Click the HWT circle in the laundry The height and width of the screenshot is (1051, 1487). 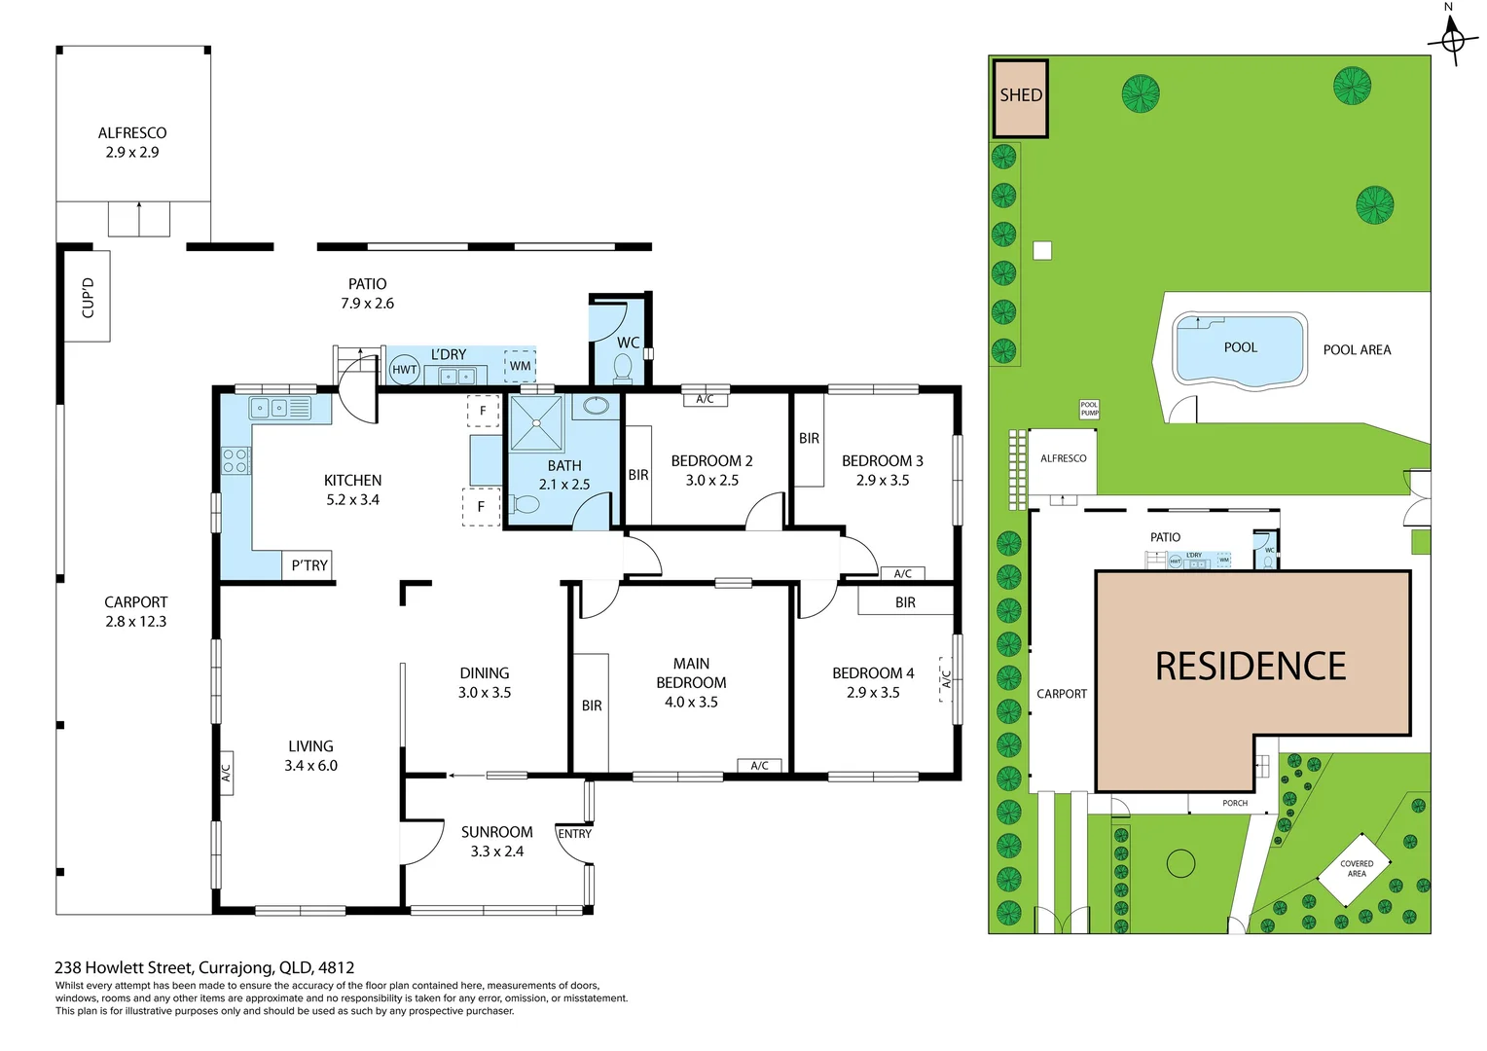[x=404, y=370]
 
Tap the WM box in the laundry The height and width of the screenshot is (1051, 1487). [x=521, y=366]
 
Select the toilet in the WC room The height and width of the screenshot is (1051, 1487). [x=623, y=368]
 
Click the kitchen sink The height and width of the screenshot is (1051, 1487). [x=270, y=408]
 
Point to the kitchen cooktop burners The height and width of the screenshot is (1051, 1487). [x=235, y=460]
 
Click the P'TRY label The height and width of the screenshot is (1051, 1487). [x=309, y=565]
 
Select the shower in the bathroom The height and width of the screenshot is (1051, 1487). [x=536, y=423]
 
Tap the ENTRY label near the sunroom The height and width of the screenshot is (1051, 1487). [x=574, y=834]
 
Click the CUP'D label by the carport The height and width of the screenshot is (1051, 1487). [x=88, y=297]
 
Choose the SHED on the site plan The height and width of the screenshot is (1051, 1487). [x=1020, y=98]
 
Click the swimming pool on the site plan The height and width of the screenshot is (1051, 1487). [x=1239, y=349]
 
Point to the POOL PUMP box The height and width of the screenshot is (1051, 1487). [x=1089, y=410]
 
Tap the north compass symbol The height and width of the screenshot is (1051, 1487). [x=1452, y=40]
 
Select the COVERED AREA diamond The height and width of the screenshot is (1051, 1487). [x=1357, y=869]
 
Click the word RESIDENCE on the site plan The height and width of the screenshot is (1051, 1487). [x=1251, y=667]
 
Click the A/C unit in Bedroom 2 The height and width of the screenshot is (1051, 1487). [x=705, y=399]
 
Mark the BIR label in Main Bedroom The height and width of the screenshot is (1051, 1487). [x=592, y=706]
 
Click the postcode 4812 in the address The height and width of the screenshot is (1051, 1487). [x=336, y=967]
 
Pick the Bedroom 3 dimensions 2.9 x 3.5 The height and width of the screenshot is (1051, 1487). [x=883, y=481]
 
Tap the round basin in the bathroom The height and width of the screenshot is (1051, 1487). [x=597, y=406]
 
